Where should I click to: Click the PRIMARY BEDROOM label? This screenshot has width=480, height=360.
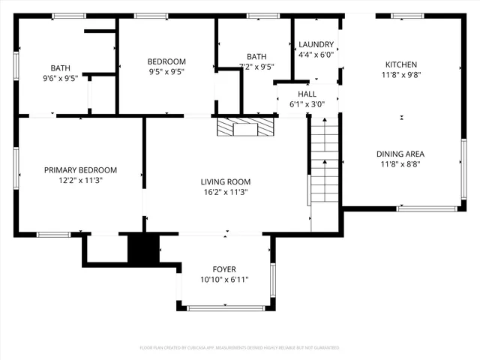(x=80, y=170)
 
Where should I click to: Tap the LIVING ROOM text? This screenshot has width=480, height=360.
(x=225, y=181)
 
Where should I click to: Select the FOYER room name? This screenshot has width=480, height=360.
(x=224, y=269)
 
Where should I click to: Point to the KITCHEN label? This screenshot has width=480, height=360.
(x=401, y=64)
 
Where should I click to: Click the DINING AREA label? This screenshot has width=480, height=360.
(x=401, y=154)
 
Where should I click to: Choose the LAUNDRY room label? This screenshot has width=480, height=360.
(x=316, y=44)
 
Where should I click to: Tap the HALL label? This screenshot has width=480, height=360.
(x=307, y=94)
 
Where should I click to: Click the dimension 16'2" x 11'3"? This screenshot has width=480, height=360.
(x=225, y=193)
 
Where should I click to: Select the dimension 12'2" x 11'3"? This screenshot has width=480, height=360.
(x=80, y=181)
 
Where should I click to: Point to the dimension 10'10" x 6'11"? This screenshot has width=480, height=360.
(x=224, y=280)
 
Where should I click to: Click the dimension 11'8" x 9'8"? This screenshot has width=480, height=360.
(x=401, y=75)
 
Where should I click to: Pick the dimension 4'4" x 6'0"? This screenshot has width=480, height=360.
(x=316, y=55)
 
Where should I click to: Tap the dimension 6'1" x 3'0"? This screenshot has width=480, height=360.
(x=307, y=104)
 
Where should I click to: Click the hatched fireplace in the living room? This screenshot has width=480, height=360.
(x=245, y=127)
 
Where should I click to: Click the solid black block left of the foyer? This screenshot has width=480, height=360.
(x=143, y=249)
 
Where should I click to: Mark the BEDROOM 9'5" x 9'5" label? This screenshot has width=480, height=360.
(x=166, y=67)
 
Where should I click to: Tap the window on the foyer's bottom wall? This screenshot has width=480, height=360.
(x=224, y=307)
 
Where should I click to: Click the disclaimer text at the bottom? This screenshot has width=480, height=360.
(x=239, y=348)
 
